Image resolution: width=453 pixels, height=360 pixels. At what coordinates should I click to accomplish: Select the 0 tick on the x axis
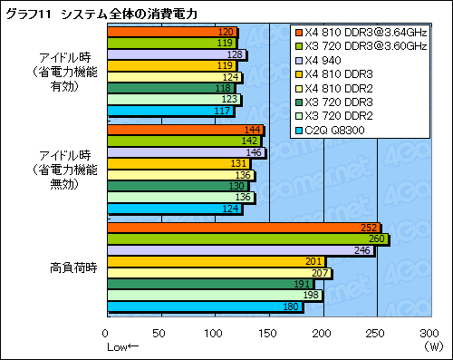point(107,334)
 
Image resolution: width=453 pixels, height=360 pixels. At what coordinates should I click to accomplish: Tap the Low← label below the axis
point(123,346)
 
